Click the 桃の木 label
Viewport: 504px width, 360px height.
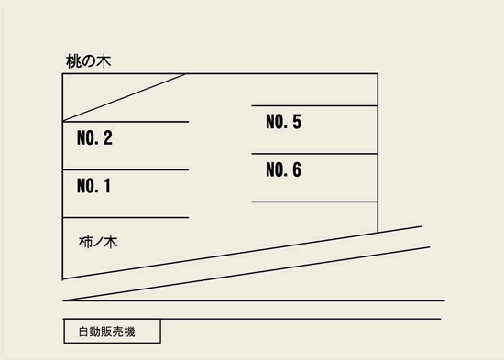[89, 61]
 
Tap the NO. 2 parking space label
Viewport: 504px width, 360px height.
[93, 139]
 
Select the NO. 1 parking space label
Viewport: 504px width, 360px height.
[93, 187]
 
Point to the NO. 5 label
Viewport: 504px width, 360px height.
[283, 122]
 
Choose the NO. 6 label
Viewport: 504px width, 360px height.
[283, 169]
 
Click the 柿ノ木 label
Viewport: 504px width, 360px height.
[99, 243]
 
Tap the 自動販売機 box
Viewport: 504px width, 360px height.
[112, 331]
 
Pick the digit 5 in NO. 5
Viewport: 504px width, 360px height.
[296, 122]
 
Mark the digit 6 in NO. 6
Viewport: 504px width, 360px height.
[296, 169]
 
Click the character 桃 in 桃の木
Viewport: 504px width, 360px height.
[73, 61]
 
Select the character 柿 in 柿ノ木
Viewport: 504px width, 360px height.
[86, 243]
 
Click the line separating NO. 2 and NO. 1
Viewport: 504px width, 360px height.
[126, 169]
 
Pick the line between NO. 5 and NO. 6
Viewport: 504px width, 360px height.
[314, 154]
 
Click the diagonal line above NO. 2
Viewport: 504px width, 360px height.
[125, 97]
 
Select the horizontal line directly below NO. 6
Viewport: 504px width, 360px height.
[314, 202]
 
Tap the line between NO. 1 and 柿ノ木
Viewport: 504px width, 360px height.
[126, 218]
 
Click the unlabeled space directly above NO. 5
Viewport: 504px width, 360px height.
[314, 90]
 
